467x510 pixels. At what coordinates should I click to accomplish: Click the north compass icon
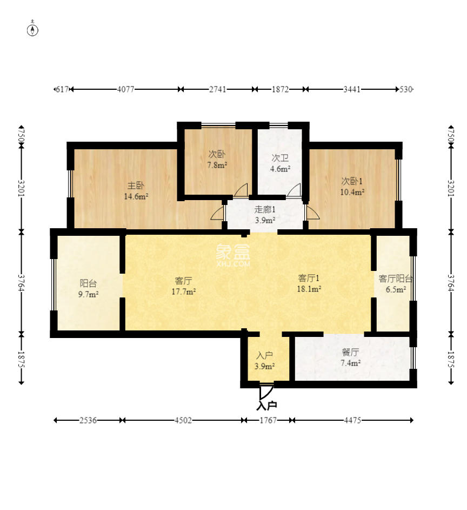coord(32,30)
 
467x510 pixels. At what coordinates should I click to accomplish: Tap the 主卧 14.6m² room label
coord(136,191)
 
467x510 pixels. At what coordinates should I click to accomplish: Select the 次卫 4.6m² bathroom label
coord(280,163)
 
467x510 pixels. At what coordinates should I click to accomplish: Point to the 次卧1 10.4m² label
coord(352,187)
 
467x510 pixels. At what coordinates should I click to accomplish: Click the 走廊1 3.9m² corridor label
coord(265,215)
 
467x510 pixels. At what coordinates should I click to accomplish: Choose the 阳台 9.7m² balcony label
coord(89,288)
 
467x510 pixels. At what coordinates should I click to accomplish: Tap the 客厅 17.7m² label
coord(184,286)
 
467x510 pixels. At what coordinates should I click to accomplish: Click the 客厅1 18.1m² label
coord(309,283)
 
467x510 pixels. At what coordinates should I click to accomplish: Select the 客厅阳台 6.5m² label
coord(396,284)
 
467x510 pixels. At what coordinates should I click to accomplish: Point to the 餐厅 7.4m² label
coord(350,357)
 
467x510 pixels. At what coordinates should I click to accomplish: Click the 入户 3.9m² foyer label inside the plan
coord(264,361)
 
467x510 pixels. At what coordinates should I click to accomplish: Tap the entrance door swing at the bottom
coord(266,393)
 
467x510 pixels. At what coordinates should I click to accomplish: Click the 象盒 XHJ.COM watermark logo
coord(233,255)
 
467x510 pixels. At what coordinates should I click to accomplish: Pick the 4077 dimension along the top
coord(125,89)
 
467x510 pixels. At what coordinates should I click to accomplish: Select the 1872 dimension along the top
coord(280,89)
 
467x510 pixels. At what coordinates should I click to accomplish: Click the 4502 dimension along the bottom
coord(183,420)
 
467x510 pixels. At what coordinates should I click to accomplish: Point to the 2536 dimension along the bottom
coord(88,420)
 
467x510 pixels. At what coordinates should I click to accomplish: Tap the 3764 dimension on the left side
coord(21,283)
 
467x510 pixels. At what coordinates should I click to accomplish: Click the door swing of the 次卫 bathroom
coord(294,190)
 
